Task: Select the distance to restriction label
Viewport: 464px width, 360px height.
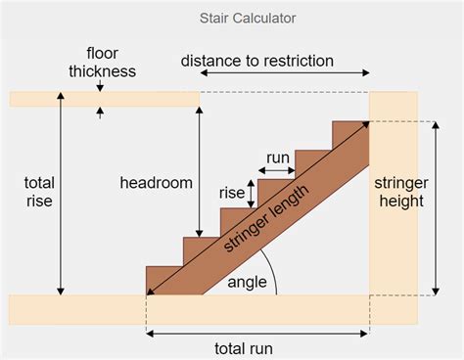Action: click(x=257, y=61)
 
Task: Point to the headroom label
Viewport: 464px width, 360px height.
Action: click(x=156, y=183)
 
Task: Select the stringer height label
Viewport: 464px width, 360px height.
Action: click(x=397, y=191)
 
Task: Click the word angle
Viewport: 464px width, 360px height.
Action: click(x=248, y=282)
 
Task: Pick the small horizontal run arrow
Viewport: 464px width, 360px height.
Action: click(x=277, y=170)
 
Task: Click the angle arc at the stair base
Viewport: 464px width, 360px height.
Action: click(x=272, y=278)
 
